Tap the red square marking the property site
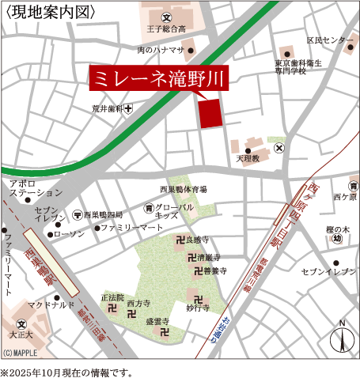(210, 114)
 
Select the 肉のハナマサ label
(161, 50)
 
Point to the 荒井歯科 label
(108, 110)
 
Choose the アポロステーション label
(33, 187)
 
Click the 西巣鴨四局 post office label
(104, 215)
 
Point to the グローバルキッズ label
(174, 211)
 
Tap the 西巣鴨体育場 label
(184, 190)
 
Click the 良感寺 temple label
(197, 239)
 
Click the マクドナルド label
(51, 304)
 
